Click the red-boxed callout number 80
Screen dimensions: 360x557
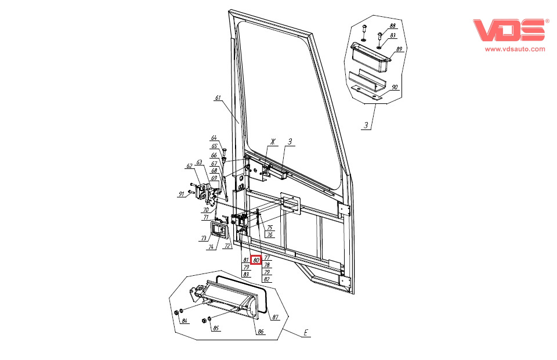point(256,260)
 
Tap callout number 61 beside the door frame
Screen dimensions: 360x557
point(218,98)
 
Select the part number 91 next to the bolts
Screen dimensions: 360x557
point(182,195)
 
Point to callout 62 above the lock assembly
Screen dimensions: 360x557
point(189,166)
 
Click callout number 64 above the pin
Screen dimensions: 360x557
point(214,138)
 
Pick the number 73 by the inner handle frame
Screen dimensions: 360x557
point(204,239)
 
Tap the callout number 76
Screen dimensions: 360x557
point(270,235)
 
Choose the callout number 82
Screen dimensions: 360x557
point(267,279)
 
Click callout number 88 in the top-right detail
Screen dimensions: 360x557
point(393,26)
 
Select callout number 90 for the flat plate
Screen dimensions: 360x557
point(395,87)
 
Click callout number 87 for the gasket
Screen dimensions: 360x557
point(276,317)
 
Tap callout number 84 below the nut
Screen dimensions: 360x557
point(185,321)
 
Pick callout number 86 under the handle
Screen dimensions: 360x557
point(261,332)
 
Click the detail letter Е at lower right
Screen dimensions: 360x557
point(306,333)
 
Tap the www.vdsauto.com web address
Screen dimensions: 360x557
point(515,49)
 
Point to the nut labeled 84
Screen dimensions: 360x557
point(176,312)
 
